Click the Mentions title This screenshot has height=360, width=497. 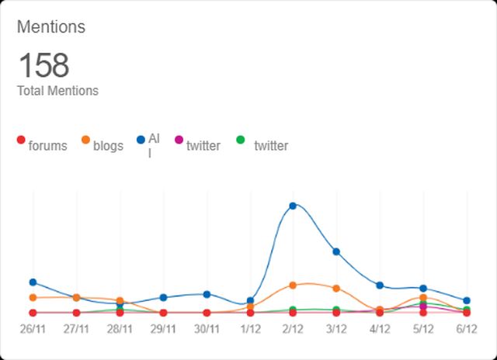pyautogui.click(x=51, y=27)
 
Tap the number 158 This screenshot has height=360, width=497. pyautogui.click(x=43, y=65)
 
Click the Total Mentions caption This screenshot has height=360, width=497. pyautogui.click(x=57, y=91)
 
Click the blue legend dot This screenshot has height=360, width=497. pyautogui.click(x=141, y=140)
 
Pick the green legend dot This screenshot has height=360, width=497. pyautogui.click(x=240, y=140)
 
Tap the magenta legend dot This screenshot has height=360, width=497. pyautogui.click(x=179, y=140)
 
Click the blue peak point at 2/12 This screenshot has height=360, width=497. pyautogui.click(x=293, y=206)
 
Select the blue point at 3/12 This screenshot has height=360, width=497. pyautogui.click(x=336, y=251)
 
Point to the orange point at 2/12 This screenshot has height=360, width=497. pyautogui.click(x=293, y=286)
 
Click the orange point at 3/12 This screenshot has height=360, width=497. pyautogui.click(x=336, y=289)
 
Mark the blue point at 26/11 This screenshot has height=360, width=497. pyautogui.click(x=33, y=282)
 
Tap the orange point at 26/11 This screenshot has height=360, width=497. pyautogui.click(x=33, y=298)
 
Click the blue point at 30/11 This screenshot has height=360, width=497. pyautogui.click(x=207, y=294)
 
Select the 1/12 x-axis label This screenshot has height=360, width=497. pyautogui.click(x=250, y=328)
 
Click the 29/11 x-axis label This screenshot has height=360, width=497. pyautogui.click(x=163, y=328)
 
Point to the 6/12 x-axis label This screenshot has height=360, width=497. pyautogui.click(x=466, y=328)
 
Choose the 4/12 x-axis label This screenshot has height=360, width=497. pyautogui.click(x=380, y=328)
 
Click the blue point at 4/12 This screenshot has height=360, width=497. pyautogui.click(x=380, y=286)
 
